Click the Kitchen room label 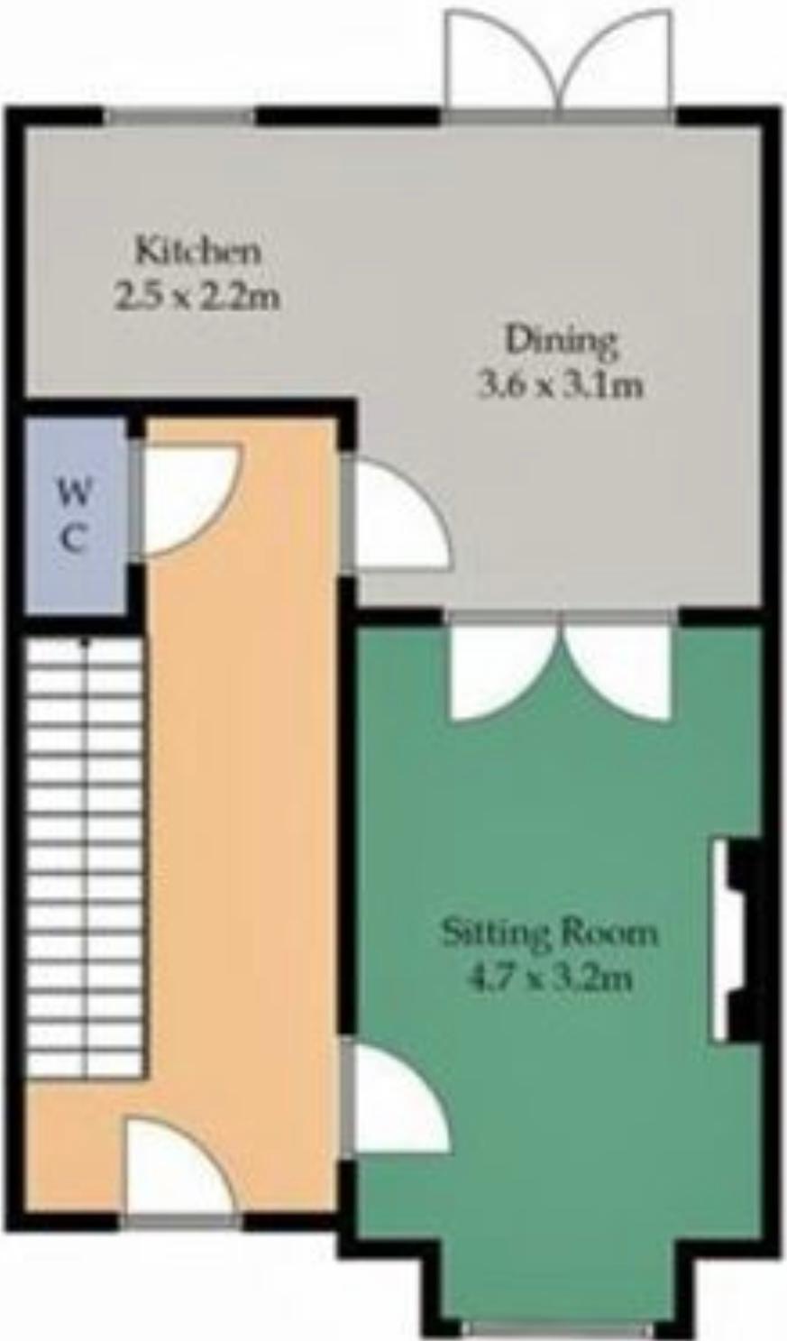[198, 251]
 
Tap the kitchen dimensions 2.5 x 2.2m [197, 297]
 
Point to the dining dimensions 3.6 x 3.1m [560, 386]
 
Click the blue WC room [77, 516]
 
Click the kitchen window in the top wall [178, 116]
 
